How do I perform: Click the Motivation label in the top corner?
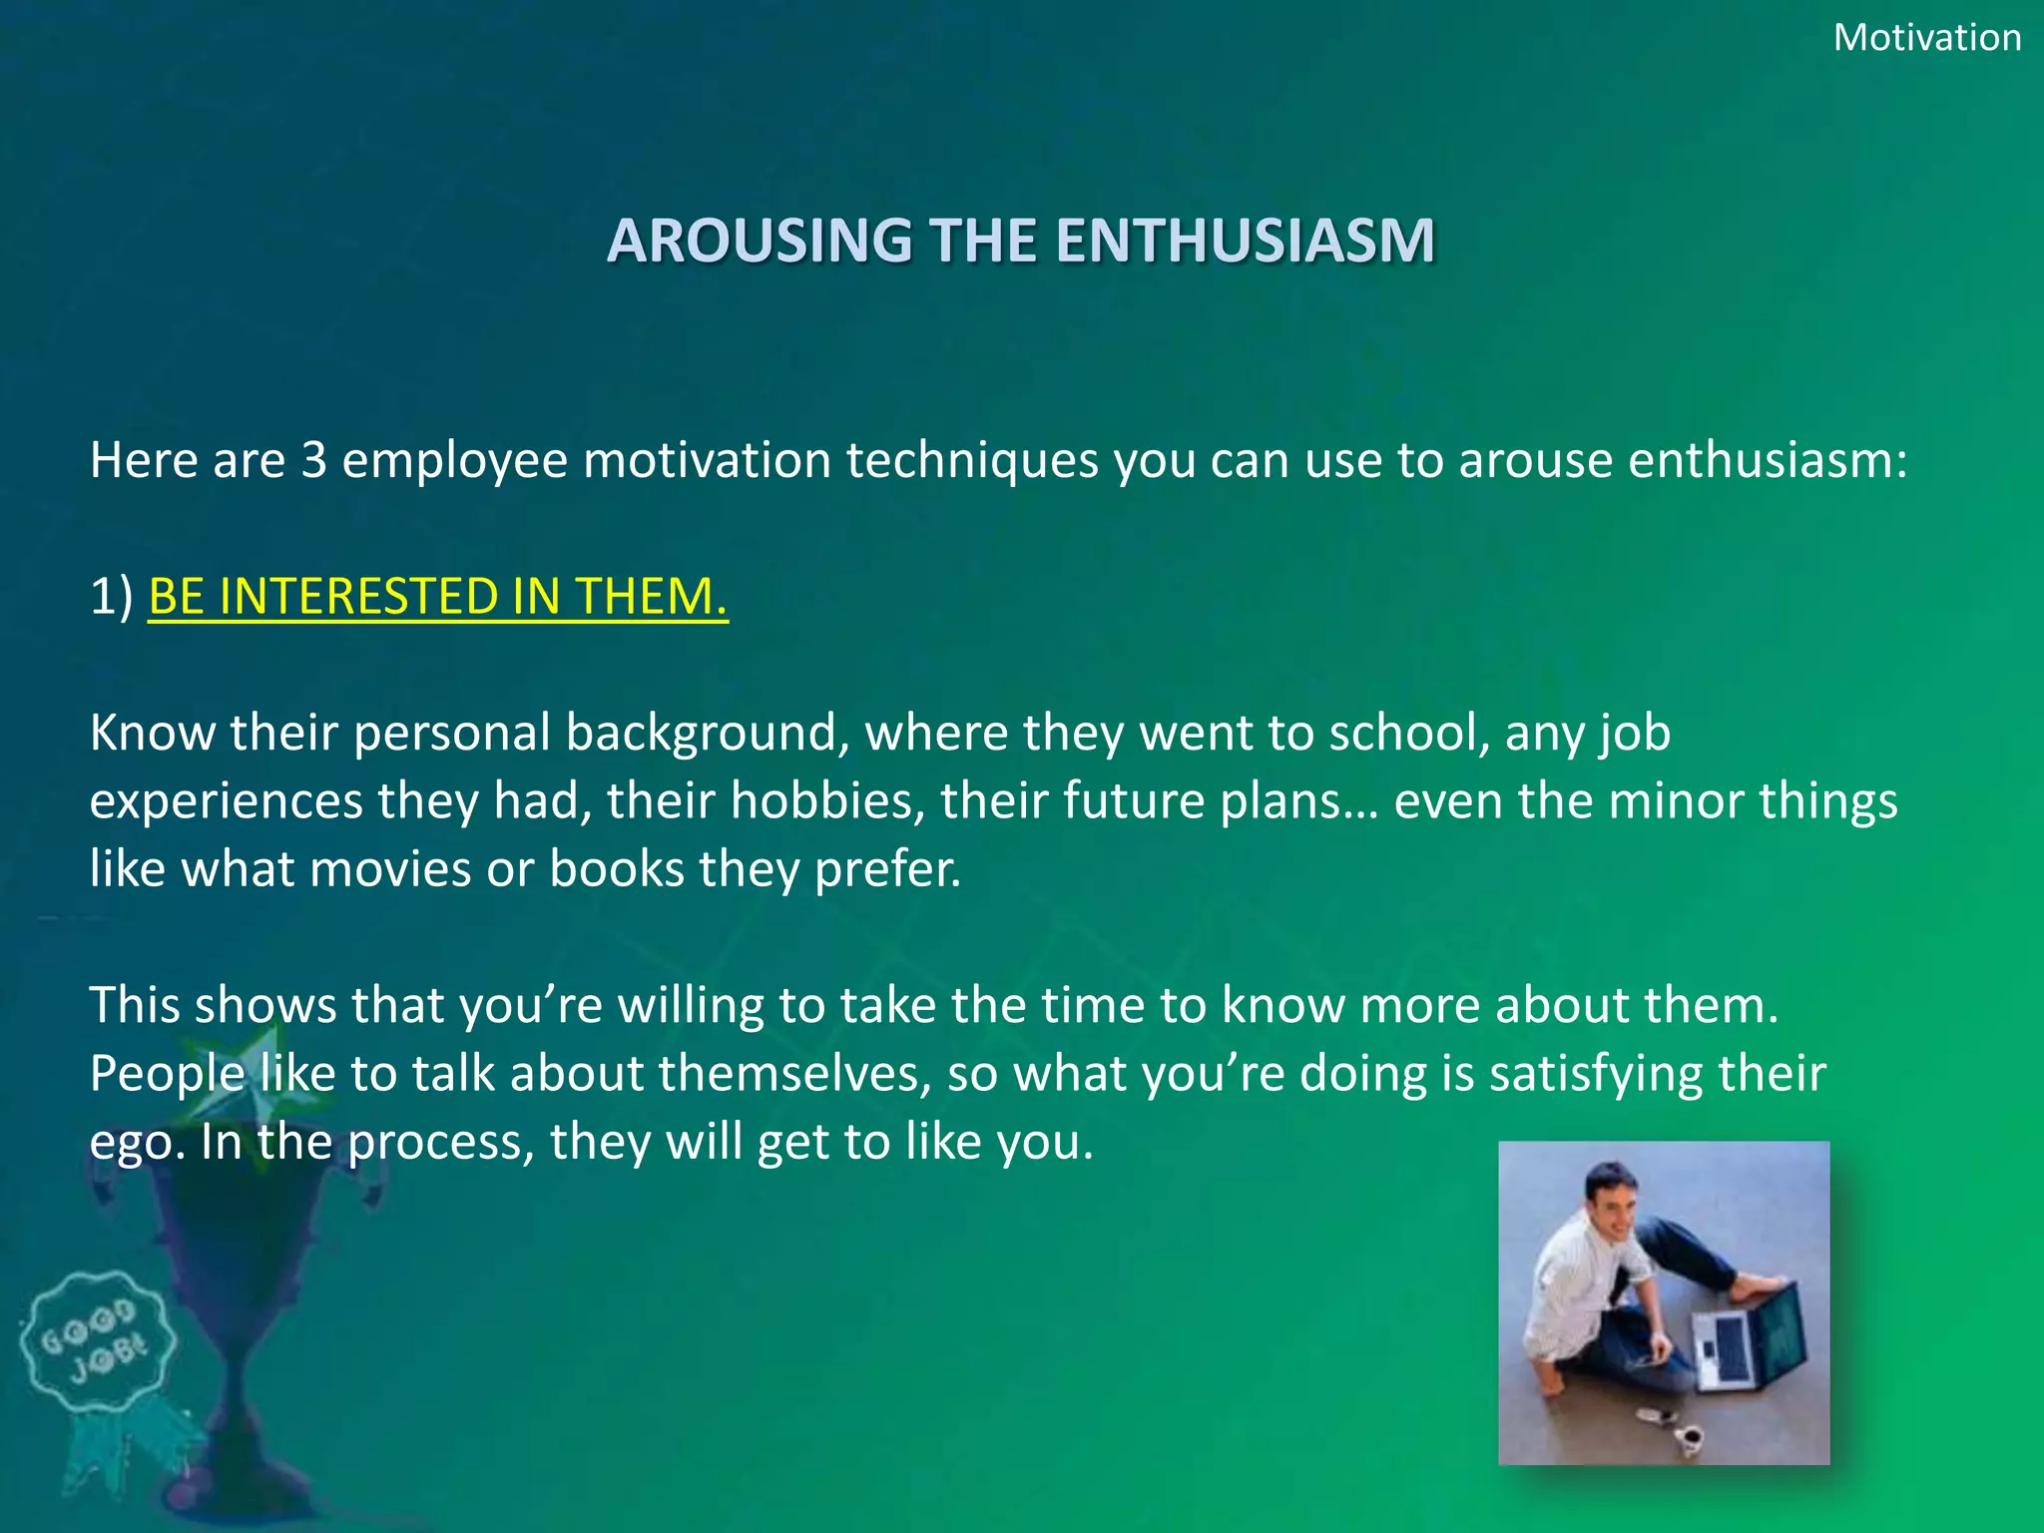point(1926,38)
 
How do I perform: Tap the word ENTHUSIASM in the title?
point(1245,241)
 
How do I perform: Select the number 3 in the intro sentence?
point(314,460)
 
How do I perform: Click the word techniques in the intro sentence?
point(972,460)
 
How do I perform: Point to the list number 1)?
point(111,597)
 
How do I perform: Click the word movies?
point(390,869)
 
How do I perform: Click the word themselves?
point(794,1074)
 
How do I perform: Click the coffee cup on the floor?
point(1688,1438)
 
